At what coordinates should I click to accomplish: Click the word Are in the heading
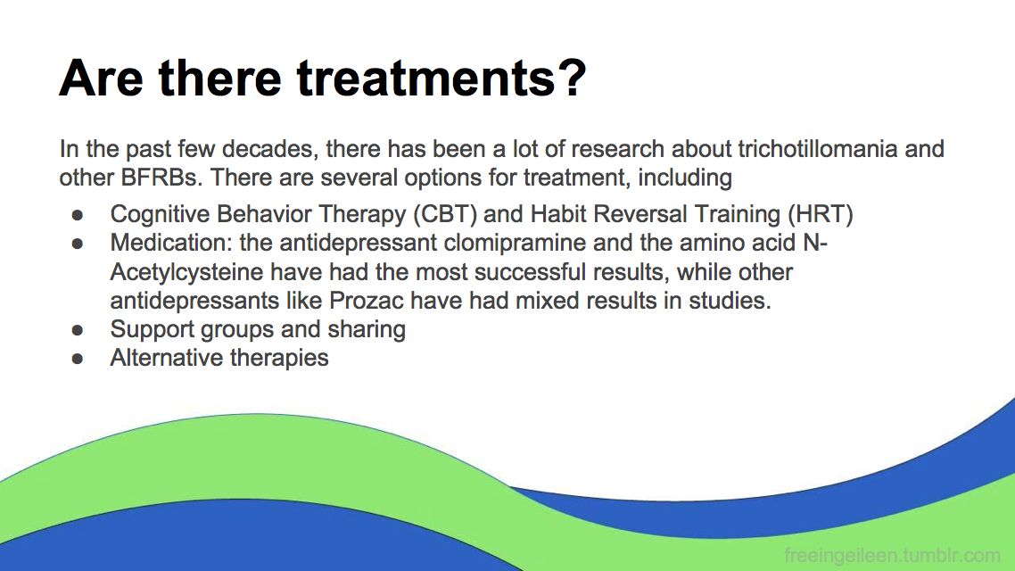[x=101, y=79]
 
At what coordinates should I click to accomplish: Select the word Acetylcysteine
[x=186, y=272]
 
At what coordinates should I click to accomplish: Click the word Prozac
[x=367, y=301]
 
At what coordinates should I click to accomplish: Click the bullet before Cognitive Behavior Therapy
[x=78, y=215]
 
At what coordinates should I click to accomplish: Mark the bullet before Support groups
[x=78, y=330]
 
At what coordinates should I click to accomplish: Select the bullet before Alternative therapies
[x=78, y=359]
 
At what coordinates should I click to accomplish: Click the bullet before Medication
[x=78, y=244]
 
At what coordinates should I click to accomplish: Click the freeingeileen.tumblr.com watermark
[x=892, y=556]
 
